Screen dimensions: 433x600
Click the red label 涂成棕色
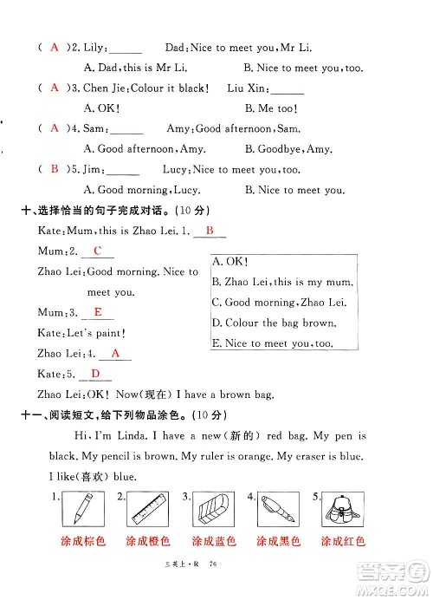click(x=84, y=542)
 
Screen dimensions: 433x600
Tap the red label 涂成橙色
click(x=148, y=542)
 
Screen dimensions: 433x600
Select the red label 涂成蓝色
click(x=214, y=542)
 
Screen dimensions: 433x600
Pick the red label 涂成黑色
click(x=279, y=542)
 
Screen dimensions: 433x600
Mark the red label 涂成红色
click(x=343, y=542)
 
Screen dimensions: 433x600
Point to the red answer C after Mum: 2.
click(x=97, y=251)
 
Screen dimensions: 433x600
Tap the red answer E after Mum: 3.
click(x=98, y=312)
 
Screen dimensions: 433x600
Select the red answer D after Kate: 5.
click(x=95, y=374)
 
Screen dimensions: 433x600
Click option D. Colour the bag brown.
click(x=273, y=323)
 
